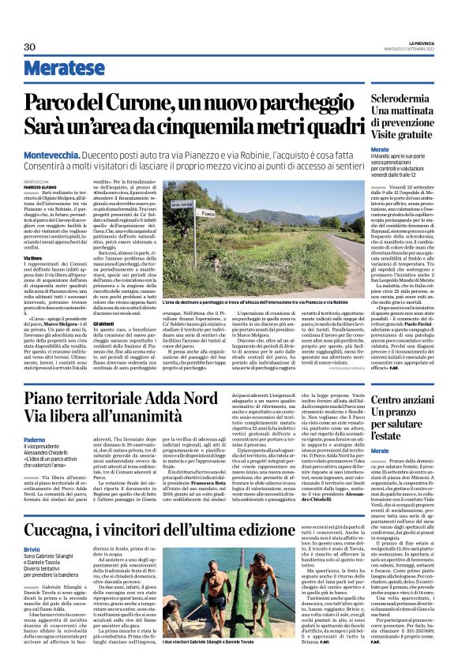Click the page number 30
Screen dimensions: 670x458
point(29,47)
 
